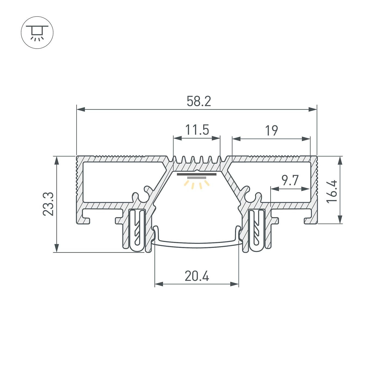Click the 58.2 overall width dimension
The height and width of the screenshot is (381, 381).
pyautogui.click(x=199, y=102)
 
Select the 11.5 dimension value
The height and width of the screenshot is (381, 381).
pyautogui.click(x=197, y=130)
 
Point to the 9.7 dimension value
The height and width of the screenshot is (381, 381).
pyautogui.click(x=290, y=180)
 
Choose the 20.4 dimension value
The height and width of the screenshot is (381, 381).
pyautogui.click(x=197, y=276)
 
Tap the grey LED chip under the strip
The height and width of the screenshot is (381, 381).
pyautogui.click(x=197, y=178)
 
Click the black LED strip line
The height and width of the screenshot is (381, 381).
pyautogui.click(x=197, y=174)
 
